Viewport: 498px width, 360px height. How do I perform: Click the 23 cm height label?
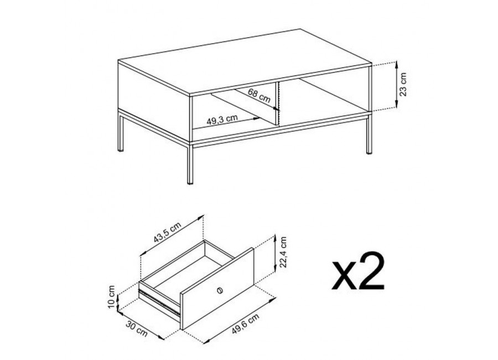click(x=403, y=85)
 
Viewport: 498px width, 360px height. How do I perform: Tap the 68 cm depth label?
click(x=259, y=95)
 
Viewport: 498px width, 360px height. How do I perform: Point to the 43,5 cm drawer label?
click(x=167, y=232)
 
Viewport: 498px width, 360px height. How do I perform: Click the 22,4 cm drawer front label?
click(x=283, y=252)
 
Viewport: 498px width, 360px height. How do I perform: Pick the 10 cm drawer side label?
click(x=111, y=297)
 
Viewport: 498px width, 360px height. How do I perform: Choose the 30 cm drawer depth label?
click(x=137, y=328)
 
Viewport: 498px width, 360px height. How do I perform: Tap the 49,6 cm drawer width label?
click(x=245, y=323)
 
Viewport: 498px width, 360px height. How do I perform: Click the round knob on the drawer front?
click(x=219, y=290)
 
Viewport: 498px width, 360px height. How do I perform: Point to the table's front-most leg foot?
click(x=190, y=183)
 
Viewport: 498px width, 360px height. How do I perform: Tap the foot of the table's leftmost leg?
click(x=121, y=149)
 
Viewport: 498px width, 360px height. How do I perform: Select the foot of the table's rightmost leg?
click(x=369, y=152)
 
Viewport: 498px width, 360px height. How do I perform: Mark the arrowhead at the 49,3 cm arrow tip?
click(x=257, y=119)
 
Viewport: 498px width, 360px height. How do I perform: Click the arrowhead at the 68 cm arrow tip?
click(x=276, y=109)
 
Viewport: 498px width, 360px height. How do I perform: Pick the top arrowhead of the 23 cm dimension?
click(x=396, y=65)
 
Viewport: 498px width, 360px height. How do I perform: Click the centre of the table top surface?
click(x=245, y=62)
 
